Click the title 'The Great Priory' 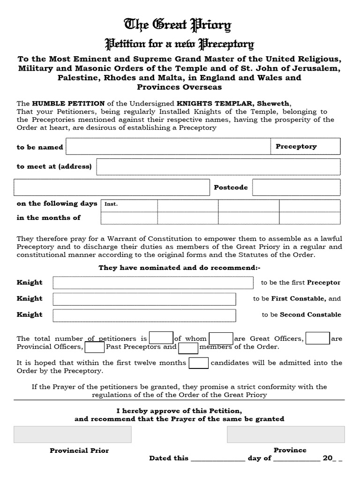click(x=177, y=25)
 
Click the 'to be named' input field click(x=168, y=147)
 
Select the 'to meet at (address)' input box click(x=218, y=167)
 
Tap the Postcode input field click(x=296, y=187)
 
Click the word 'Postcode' click(x=231, y=187)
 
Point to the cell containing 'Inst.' click(x=129, y=204)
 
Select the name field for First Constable click(x=144, y=299)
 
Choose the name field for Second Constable click(x=144, y=315)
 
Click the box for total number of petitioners click(x=161, y=338)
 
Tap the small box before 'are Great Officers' click(x=221, y=338)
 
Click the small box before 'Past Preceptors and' click(x=95, y=347)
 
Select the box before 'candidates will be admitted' click(x=198, y=363)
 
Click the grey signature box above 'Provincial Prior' click(x=73, y=435)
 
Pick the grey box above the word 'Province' click(x=285, y=435)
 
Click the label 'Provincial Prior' click(x=79, y=450)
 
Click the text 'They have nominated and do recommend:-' click(x=179, y=268)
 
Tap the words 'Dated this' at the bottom click(x=169, y=458)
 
